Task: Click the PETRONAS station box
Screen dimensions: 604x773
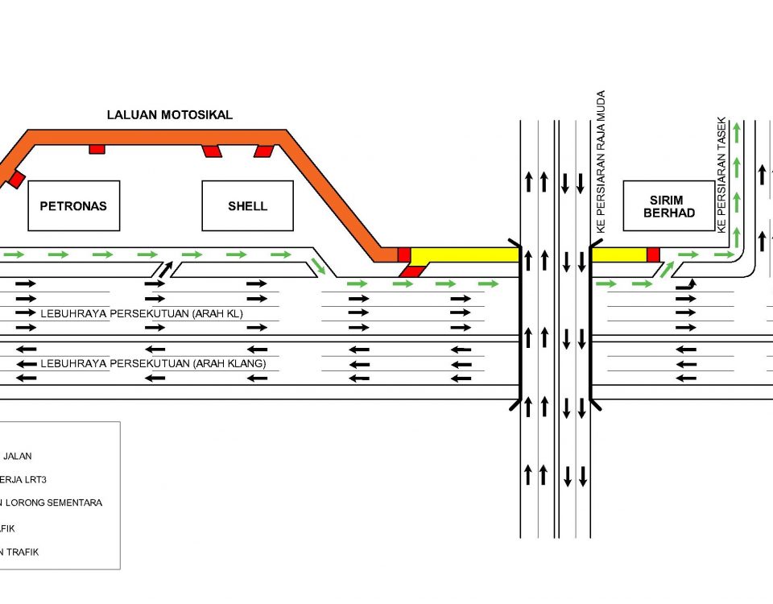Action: coord(73,206)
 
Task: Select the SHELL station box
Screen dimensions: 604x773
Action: coord(247,206)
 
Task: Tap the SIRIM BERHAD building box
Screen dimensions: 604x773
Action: coord(668,206)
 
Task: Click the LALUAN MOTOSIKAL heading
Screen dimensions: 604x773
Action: coord(170,115)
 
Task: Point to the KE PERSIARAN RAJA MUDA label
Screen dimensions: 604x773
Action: coord(601,162)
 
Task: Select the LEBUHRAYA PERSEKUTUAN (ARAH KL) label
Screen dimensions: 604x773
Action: coord(141,312)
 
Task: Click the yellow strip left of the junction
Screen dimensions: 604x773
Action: coord(464,255)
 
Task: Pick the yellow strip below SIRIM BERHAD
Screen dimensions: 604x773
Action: coord(620,255)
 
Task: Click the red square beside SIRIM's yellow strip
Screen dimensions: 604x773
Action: coord(653,255)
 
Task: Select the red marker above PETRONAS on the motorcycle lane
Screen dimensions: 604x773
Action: coord(97,149)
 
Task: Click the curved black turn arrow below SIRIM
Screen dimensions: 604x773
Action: coord(685,283)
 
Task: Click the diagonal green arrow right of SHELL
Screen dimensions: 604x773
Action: coord(320,267)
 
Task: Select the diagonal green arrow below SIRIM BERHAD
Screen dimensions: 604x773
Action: coord(666,268)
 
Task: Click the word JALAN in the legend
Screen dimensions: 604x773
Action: coord(18,456)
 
